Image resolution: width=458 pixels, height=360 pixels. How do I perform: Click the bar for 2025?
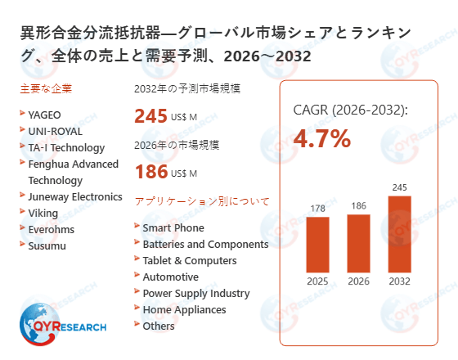tap(317, 245)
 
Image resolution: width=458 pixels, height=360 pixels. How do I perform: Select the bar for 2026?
tap(358, 243)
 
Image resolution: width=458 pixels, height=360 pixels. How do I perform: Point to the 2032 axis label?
tap(399, 281)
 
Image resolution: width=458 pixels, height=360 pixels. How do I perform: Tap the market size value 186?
tap(150, 172)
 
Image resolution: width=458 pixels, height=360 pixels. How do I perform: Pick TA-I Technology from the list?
tap(66, 147)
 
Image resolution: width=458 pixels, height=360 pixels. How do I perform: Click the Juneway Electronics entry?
tap(75, 196)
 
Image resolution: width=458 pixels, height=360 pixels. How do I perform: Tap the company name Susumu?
tap(47, 245)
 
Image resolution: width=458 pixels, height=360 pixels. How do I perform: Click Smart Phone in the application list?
tap(173, 227)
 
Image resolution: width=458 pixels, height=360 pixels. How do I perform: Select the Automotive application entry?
tap(170, 277)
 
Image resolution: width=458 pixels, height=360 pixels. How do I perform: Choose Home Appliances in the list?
tap(184, 309)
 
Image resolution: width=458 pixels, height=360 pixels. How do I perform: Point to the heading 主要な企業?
tap(42, 88)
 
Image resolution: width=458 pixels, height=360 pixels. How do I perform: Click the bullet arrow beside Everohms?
tap(21, 228)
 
